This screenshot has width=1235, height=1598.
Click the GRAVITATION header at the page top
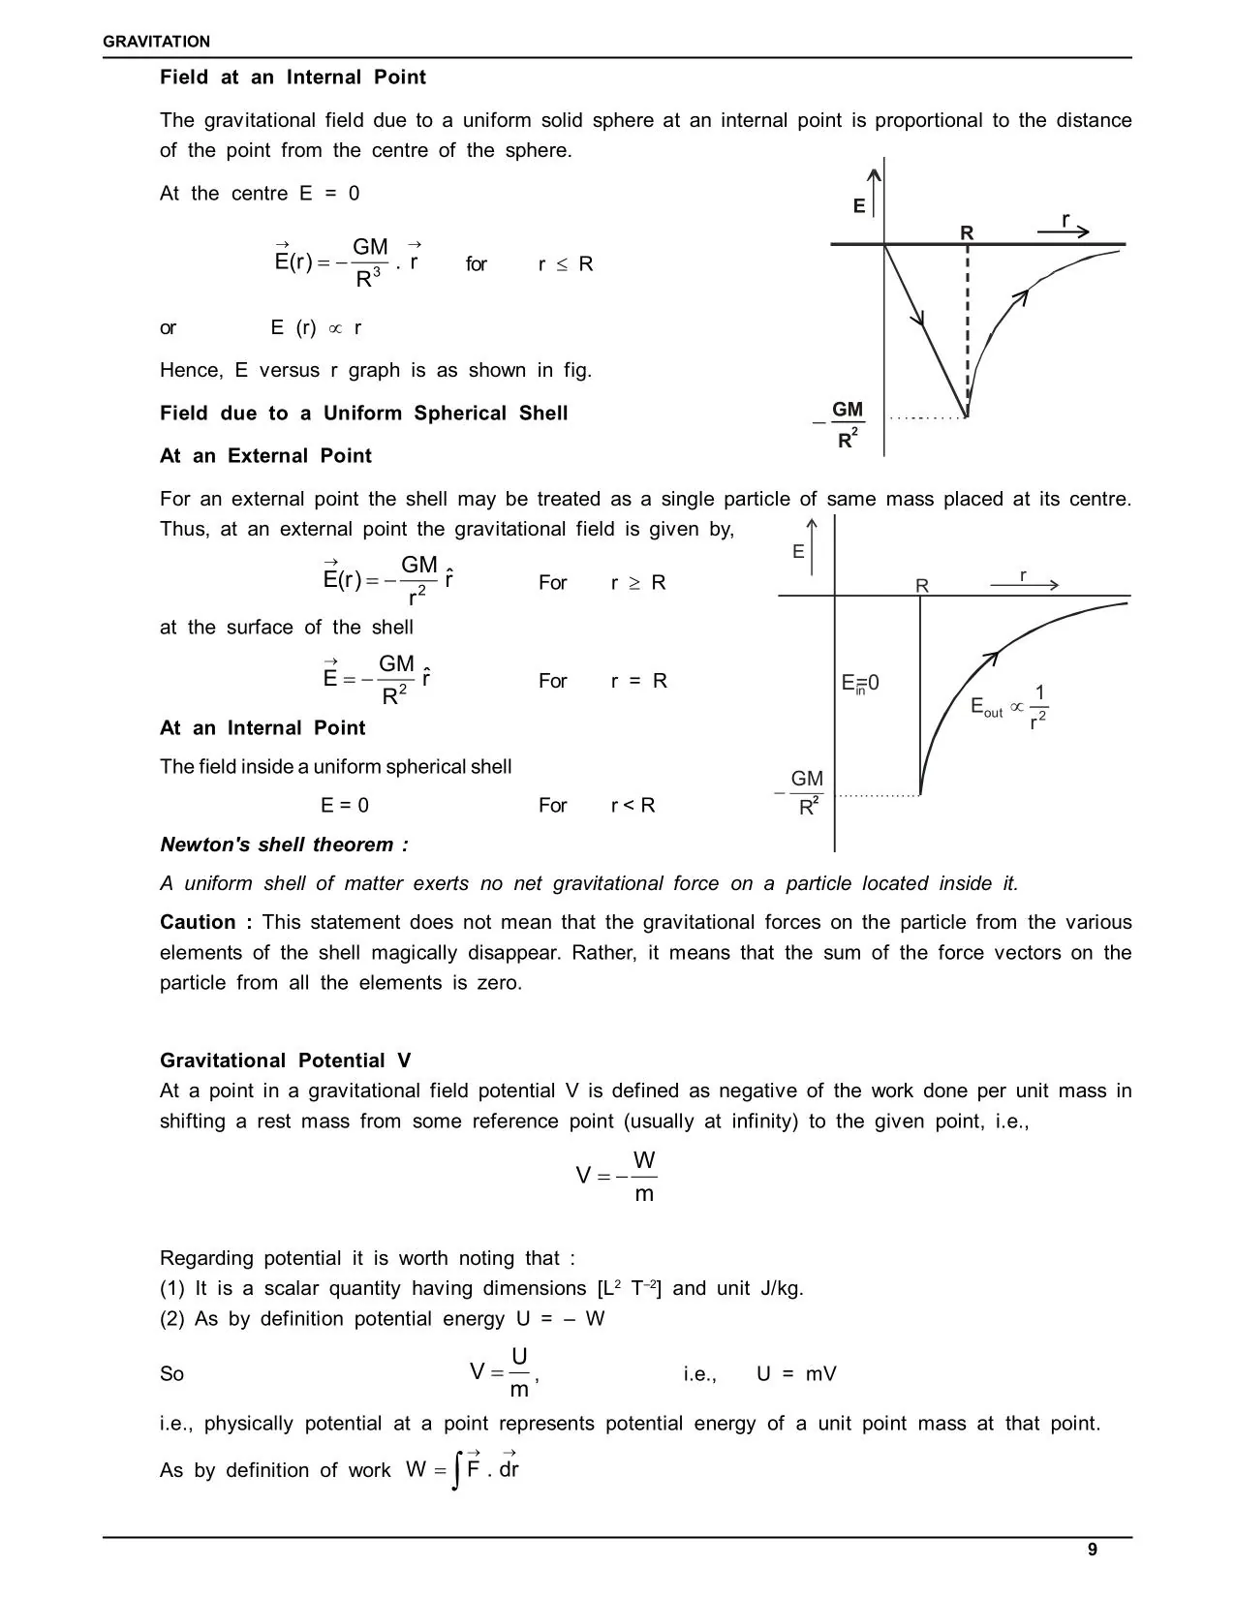click(x=156, y=42)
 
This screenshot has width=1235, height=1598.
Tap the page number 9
click(x=1093, y=1550)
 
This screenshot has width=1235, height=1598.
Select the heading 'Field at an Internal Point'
click(x=293, y=77)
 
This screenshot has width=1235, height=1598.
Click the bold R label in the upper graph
click(x=967, y=232)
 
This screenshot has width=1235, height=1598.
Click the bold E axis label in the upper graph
click(x=858, y=206)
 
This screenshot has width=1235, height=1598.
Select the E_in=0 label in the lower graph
click(x=860, y=684)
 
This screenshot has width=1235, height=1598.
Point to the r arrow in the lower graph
click(x=1025, y=584)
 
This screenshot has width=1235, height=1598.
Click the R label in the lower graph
click(x=921, y=586)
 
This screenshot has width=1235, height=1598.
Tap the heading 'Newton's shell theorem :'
click(x=284, y=845)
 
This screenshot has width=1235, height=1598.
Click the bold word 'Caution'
click(x=198, y=922)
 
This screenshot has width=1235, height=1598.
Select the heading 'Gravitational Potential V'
click(x=286, y=1060)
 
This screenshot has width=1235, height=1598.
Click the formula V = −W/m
click(x=616, y=1177)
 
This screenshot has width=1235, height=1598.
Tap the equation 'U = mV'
click(x=796, y=1374)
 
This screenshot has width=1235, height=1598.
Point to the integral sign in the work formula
click(x=455, y=1470)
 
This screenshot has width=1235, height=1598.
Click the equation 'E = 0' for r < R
click(x=345, y=806)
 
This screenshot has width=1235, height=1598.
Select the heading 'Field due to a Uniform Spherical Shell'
click(x=363, y=414)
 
